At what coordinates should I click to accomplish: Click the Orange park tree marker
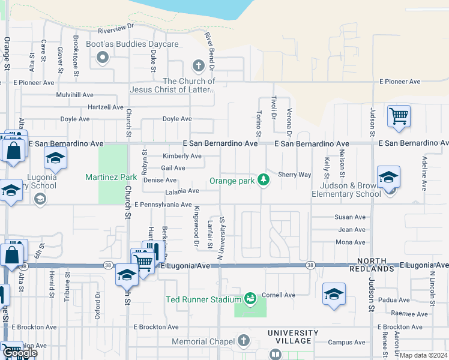coord(262,180)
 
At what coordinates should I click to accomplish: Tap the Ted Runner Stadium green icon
coord(250,298)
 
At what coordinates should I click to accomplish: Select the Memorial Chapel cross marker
coord(243,341)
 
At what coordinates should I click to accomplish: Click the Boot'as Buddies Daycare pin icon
coord(102,58)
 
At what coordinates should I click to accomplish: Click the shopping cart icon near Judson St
coord(399,116)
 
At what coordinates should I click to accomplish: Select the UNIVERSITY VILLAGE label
coord(293,337)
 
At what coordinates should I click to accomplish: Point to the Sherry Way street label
coord(294,175)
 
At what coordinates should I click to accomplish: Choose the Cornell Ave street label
coord(279,295)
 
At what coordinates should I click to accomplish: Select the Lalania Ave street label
coord(182,191)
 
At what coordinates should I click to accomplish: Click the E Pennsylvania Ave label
coord(163,205)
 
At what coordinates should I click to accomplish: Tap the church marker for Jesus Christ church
coord(198,65)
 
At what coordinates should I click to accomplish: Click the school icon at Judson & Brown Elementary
coord(388,176)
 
